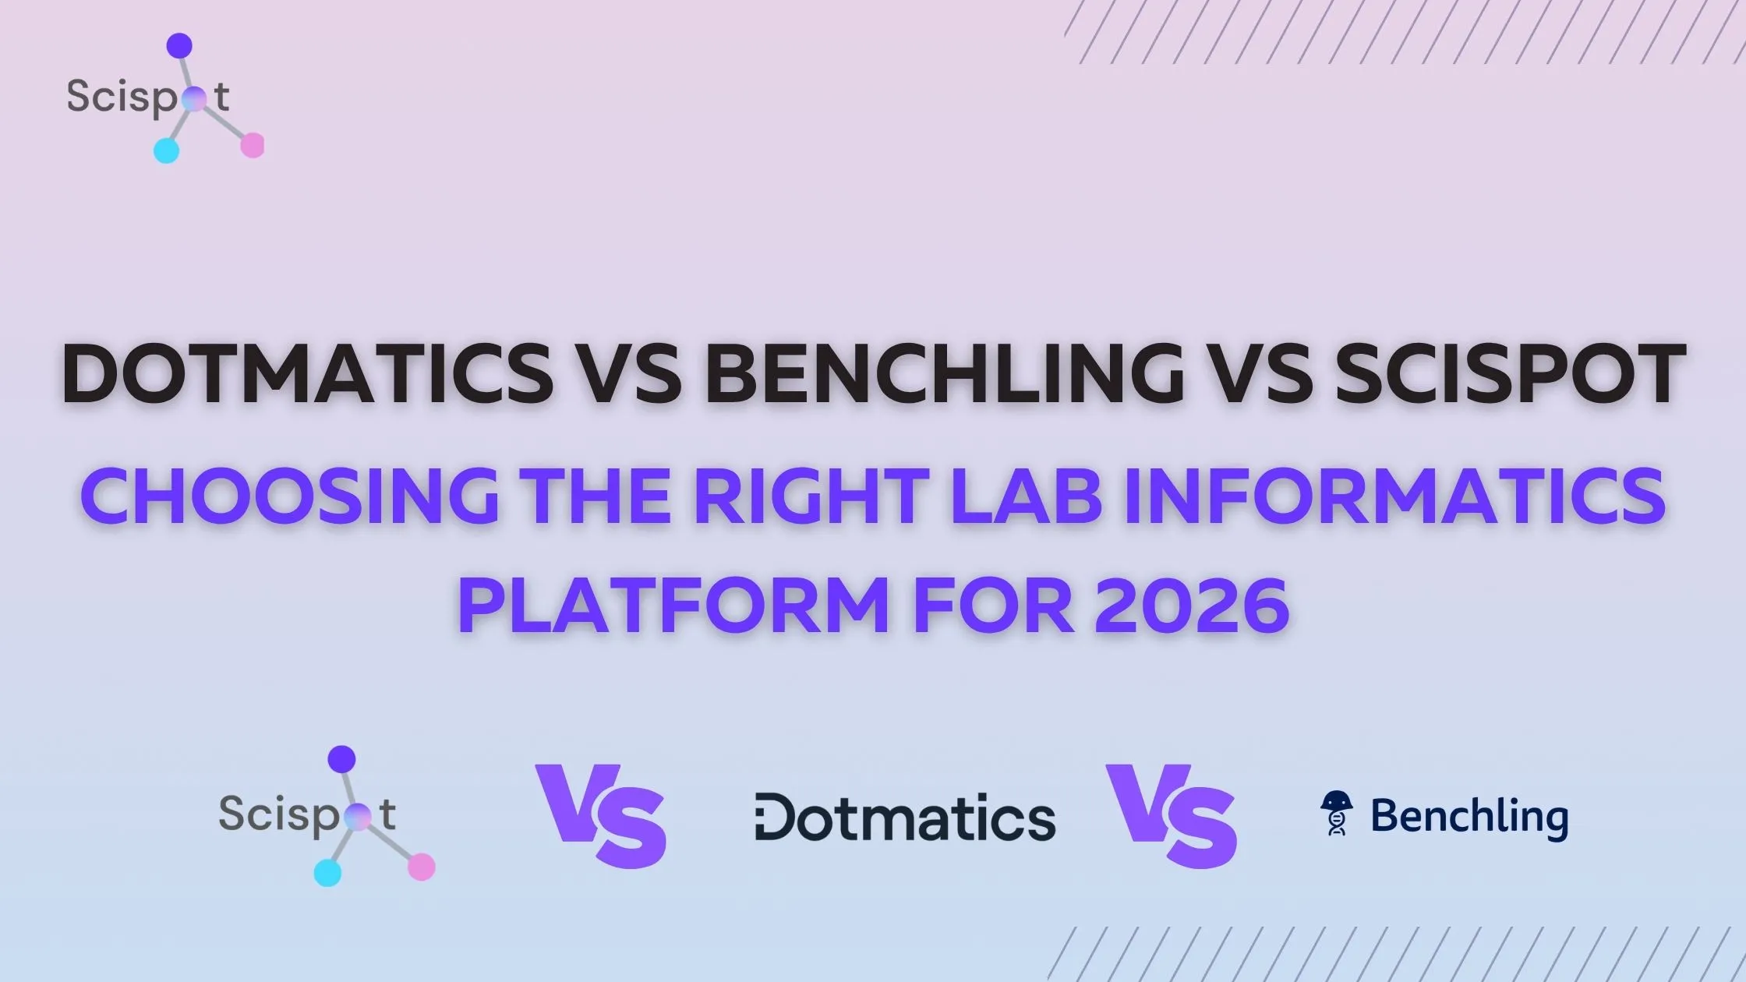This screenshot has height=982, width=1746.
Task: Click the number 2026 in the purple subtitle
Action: tap(1192, 606)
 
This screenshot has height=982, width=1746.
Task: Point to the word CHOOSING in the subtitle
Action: tap(289, 496)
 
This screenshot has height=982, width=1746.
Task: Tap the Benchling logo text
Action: tap(1469, 816)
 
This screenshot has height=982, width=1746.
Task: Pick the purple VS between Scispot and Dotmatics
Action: tap(600, 814)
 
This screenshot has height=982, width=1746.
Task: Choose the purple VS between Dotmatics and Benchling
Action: tap(1171, 814)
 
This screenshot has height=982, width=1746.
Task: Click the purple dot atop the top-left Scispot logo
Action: tap(179, 46)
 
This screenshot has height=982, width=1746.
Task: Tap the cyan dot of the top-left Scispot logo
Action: tap(166, 150)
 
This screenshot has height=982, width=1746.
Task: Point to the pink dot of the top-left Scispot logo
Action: tap(253, 145)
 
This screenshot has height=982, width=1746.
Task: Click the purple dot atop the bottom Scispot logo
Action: tap(341, 759)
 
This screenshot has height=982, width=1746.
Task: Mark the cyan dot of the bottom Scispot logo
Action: tap(327, 873)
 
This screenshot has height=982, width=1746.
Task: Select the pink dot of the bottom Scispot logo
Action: tap(422, 867)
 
